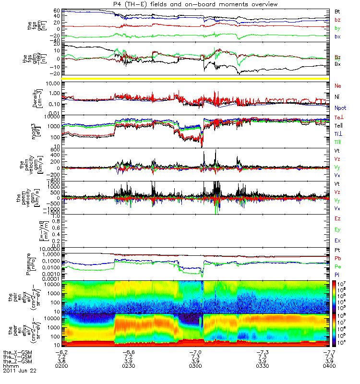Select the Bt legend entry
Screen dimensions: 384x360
337,11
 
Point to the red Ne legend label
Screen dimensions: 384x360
338,85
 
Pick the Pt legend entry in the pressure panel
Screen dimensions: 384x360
337,251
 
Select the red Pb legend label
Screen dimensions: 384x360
337,258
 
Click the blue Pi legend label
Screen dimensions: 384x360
337,274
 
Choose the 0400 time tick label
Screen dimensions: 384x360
329,366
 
